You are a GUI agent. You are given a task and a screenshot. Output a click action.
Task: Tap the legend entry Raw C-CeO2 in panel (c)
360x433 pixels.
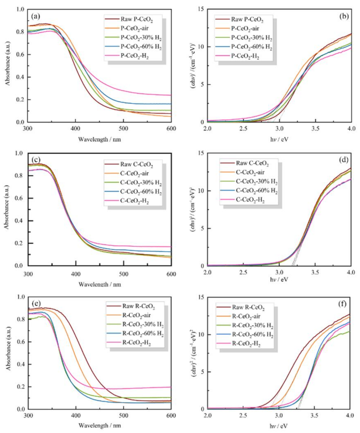pos(136,164)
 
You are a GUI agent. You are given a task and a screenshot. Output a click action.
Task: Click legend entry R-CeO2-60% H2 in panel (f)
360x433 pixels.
pos(252,335)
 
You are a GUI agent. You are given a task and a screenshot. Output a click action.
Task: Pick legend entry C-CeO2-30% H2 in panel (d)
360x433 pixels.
pos(256,182)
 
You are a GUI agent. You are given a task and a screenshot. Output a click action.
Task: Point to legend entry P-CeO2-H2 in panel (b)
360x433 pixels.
pos(245,56)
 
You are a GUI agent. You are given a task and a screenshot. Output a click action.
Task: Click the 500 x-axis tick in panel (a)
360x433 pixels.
pos(123,129)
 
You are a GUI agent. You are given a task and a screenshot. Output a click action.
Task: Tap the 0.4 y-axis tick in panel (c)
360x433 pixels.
pos(19,221)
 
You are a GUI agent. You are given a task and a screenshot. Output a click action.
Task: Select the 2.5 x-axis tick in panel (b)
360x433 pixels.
pos(243,129)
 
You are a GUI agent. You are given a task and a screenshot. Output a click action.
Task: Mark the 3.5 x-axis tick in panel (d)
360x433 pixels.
pos(315,272)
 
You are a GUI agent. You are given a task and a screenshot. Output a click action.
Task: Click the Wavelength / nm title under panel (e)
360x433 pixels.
pos(99,425)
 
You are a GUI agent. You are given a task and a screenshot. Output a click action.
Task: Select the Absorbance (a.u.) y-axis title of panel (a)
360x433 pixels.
pos(8,63)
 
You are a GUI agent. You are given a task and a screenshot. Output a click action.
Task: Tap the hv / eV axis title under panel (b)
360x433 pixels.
pos(279,139)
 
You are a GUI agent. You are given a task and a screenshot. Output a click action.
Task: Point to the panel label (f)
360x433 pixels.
pos(342,304)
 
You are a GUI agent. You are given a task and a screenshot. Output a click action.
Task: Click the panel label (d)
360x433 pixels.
pos(344,160)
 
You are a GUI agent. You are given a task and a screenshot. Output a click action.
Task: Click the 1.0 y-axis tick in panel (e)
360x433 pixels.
pos(21,297)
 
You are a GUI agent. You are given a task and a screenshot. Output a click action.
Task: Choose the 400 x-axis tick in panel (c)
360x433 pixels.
pos(76,274)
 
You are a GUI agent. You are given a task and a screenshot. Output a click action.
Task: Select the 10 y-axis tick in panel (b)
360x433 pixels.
pos(201,47)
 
